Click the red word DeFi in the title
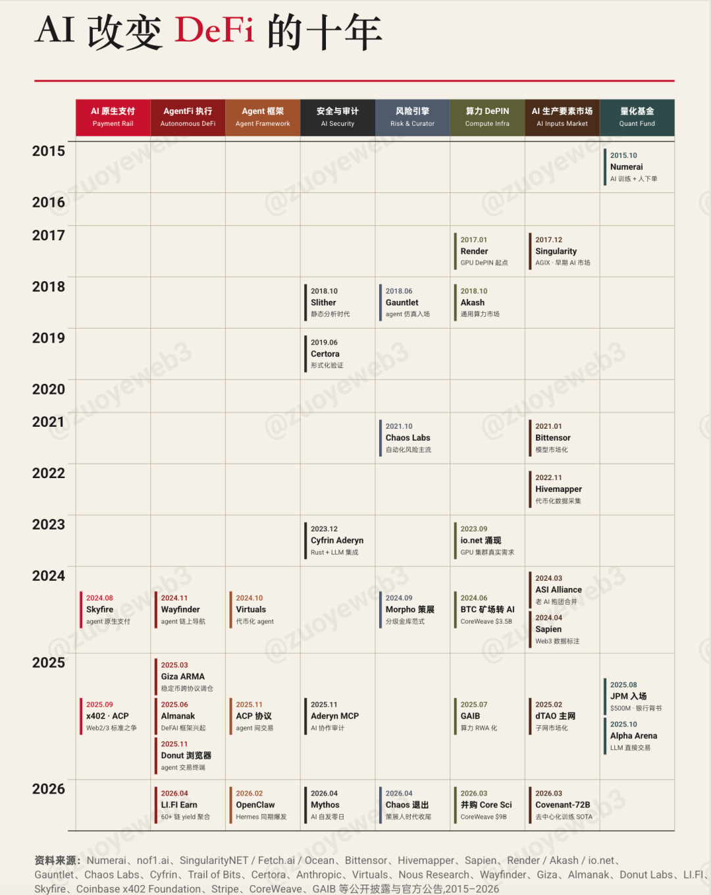tap(214, 31)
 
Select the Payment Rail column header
tap(113, 117)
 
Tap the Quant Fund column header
tap(637, 117)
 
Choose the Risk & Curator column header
tap(412, 117)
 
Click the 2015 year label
tap(49, 151)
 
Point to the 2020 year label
tap(49, 389)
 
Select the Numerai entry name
tap(626, 167)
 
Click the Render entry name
tap(474, 252)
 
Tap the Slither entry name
tap(323, 303)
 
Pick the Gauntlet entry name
tap(402, 303)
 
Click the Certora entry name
tap(325, 354)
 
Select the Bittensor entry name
tap(553, 438)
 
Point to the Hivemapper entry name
tap(558, 489)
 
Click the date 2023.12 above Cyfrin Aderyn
tap(324, 529)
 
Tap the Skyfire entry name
tap(99, 610)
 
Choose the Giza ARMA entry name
tap(182, 677)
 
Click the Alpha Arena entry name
tap(633, 736)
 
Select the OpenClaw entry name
tap(255, 805)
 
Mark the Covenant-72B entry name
tap(562, 805)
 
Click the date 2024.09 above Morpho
tap(399, 598)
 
